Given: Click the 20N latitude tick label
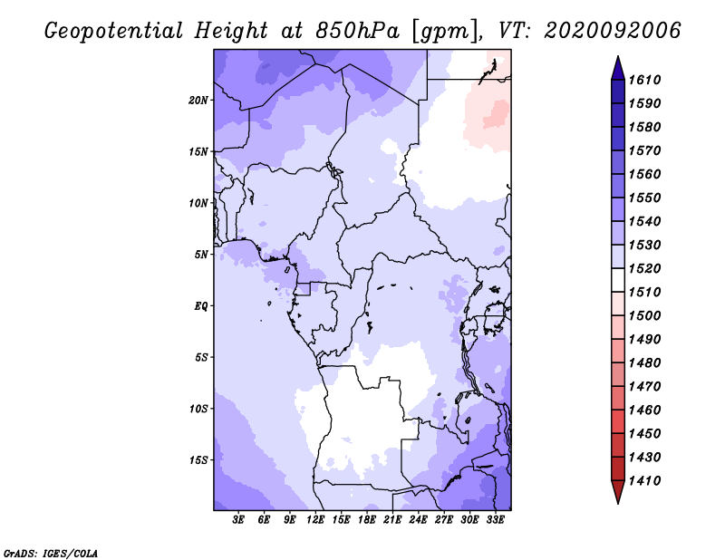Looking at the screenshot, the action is tap(198, 101).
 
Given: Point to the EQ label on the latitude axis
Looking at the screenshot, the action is tap(201, 306).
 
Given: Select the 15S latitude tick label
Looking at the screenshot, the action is tap(198, 460).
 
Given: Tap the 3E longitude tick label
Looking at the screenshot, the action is tap(238, 520).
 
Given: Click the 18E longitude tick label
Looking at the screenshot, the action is tap(367, 520).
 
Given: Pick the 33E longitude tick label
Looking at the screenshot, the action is tap(495, 520).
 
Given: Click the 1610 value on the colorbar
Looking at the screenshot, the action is tap(644, 80).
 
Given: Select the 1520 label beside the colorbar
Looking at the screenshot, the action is tap(644, 268).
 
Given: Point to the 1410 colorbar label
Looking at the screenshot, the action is tap(644, 481).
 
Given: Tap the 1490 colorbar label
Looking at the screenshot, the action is tap(644, 340).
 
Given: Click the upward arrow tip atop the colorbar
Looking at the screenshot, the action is tap(618, 56).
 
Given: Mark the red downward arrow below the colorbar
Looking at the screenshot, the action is tap(618, 492).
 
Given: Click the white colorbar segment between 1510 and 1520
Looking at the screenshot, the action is tap(618, 280).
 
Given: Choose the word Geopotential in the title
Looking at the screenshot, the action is tap(114, 31).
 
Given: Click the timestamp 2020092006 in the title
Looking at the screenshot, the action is tap(613, 31).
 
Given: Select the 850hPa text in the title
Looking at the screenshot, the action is tap(357, 31).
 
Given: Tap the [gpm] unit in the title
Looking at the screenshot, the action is tap(445, 32).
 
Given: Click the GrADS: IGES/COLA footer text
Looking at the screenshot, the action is tap(51, 553).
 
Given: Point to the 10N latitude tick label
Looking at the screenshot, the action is tap(198, 203).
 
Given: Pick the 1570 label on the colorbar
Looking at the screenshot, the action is tap(644, 150).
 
